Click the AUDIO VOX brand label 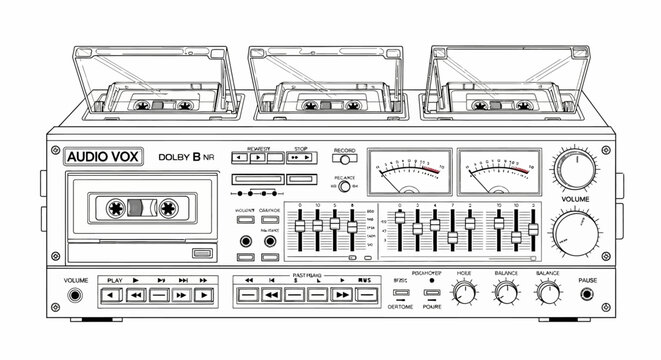[102, 156]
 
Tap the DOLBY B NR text [187, 156]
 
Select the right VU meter [495, 169]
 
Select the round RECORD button [345, 157]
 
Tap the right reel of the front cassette [167, 210]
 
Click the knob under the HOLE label [463, 293]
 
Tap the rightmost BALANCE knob [547, 293]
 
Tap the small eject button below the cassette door [202, 253]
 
